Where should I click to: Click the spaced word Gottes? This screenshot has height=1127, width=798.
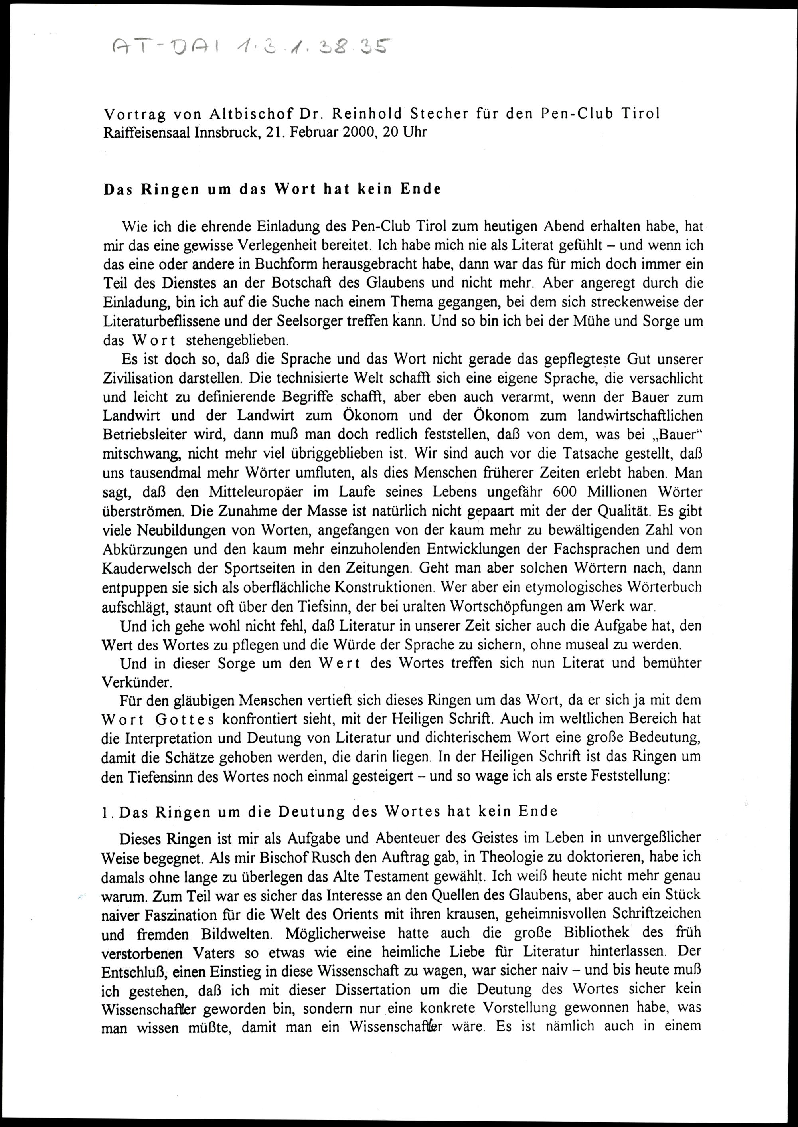coord(184,720)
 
